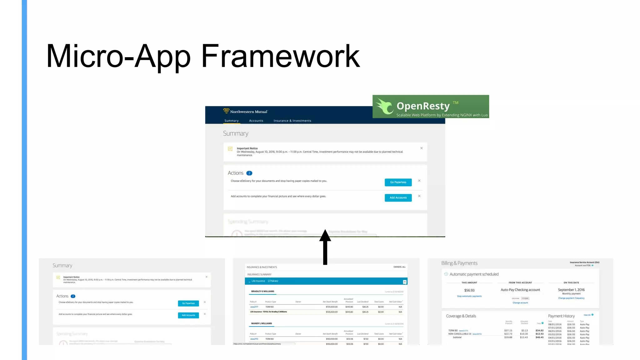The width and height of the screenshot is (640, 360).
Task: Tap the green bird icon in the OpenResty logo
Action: coord(384,107)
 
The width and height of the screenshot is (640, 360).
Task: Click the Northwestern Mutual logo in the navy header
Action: coord(246,111)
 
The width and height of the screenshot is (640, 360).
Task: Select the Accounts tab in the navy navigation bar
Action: coord(256,121)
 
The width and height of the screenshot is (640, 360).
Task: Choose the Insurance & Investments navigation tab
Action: coord(292,121)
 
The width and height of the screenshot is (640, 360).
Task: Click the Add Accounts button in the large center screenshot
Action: coord(398,197)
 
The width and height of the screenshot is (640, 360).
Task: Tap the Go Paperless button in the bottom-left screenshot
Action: coord(188,303)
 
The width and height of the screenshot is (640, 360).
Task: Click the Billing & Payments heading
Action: coord(459,263)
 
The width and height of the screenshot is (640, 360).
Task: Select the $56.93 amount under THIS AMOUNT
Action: coord(469,290)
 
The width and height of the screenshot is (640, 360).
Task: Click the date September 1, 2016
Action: coord(571,290)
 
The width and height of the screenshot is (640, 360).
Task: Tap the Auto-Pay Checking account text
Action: coord(520,290)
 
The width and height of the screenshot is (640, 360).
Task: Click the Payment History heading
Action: coord(561,316)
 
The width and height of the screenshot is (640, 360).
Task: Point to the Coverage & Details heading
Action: coord(461,316)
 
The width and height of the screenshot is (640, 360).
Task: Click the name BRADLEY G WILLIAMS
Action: coord(262,291)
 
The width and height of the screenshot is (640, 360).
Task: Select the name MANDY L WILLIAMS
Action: coord(261,323)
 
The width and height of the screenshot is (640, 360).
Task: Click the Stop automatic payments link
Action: coord(469,296)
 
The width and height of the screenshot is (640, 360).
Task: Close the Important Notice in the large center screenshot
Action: coord(421,148)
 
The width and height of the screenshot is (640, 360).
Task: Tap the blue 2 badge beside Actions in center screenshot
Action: coord(249,173)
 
